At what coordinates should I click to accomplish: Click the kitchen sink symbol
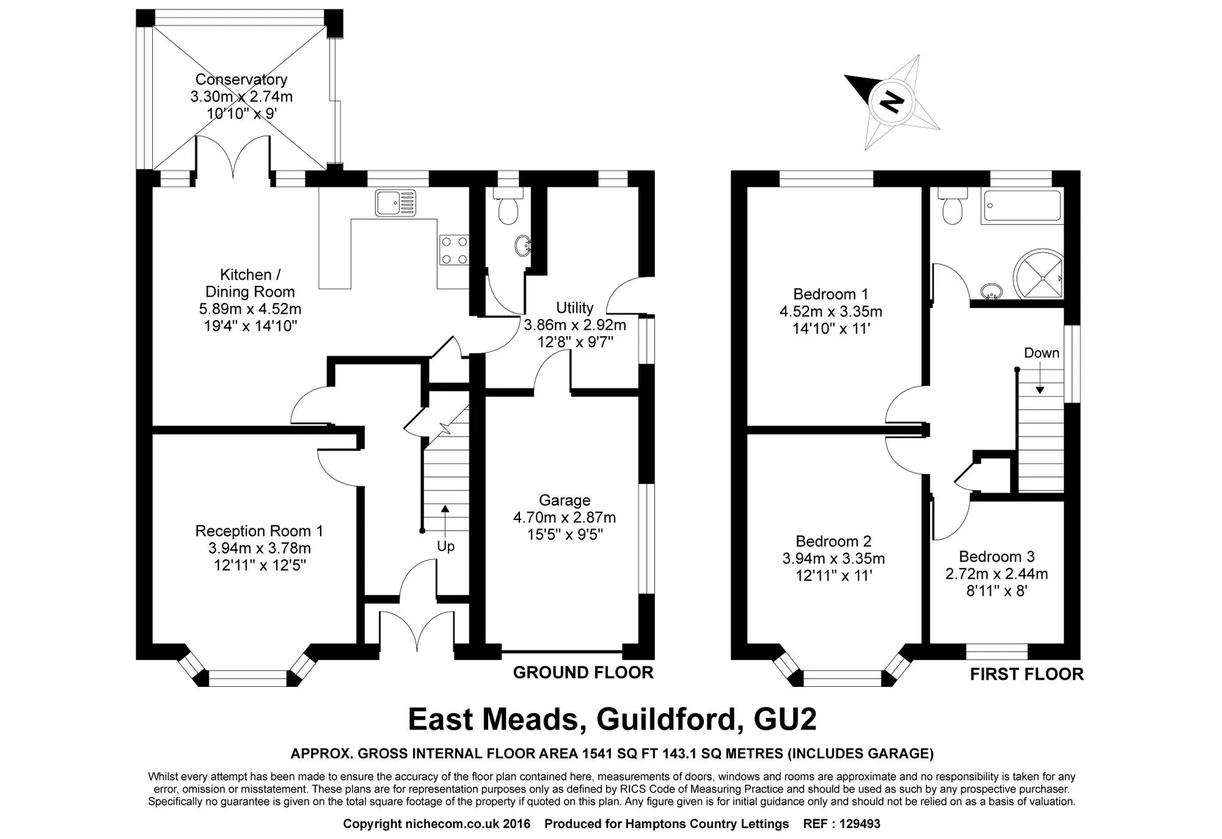click(x=395, y=203)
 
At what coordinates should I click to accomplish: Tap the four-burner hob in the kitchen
click(x=454, y=250)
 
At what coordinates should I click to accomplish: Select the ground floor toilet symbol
click(x=507, y=205)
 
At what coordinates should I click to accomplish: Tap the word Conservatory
click(x=241, y=80)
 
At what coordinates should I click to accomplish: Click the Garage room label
click(x=565, y=500)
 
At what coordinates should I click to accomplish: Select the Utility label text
click(x=575, y=307)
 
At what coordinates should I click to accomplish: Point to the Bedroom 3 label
click(x=997, y=556)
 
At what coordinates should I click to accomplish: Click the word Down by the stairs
click(x=1042, y=353)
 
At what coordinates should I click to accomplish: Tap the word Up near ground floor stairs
click(x=446, y=546)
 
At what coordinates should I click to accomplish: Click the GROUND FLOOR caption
click(x=583, y=672)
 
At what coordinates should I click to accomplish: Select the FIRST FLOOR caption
click(x=1027, y=674)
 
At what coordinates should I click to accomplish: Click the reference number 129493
click(x=859, y=824)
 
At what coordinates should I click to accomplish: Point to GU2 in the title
click(x=785, y=719)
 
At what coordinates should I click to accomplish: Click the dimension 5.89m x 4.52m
click(x=250, y=309)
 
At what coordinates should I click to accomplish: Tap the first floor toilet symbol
click(x=953, y=206)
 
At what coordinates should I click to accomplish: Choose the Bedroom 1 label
click(x=831, y=294)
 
